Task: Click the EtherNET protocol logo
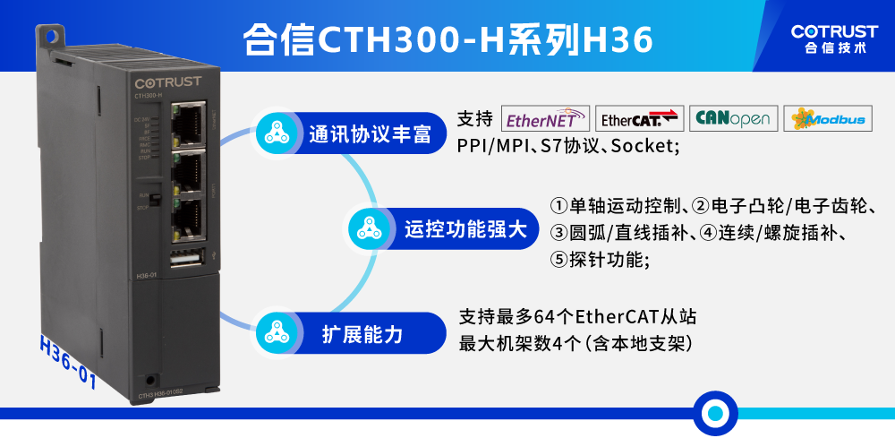click(546, 119)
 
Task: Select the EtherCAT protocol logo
click(639, 119)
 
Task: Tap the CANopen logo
click(732, 119)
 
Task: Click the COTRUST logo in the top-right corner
click(834, 38)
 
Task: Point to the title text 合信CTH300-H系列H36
click(447, 39)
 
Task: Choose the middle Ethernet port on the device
click(189, 167)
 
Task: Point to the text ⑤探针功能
click(599, 260)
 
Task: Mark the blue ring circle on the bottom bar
click(715, 413)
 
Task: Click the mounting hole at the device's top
click(51, 36)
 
